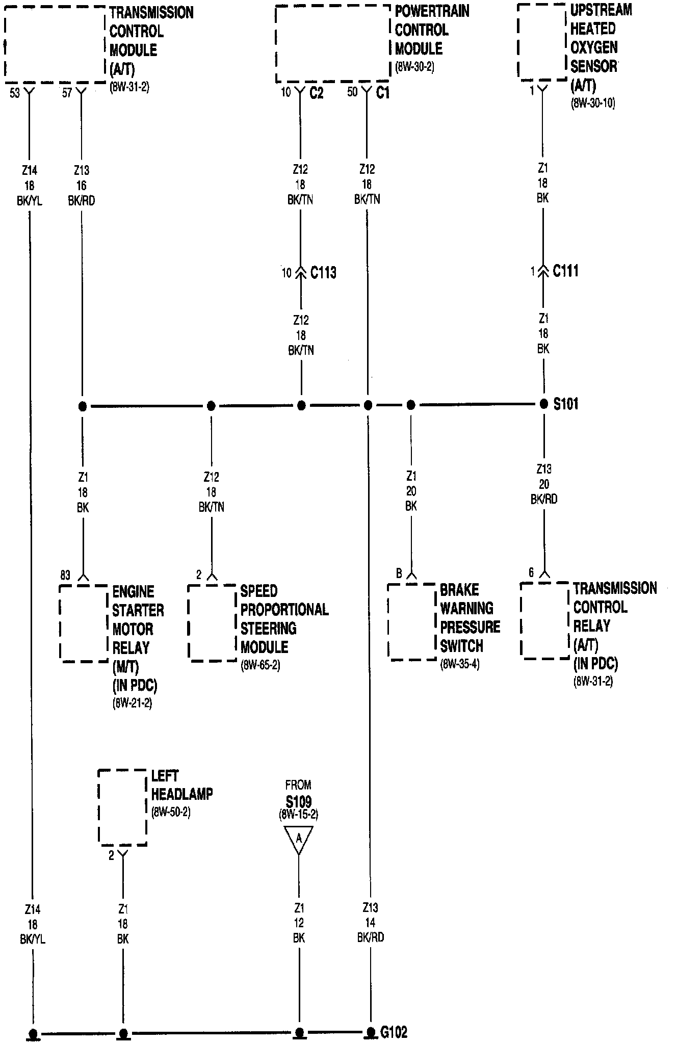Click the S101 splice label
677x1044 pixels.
pos(566,404)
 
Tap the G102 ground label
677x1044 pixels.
pos(394,1032)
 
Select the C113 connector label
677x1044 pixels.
pos(323,273)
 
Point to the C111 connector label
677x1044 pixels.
pos(565,271)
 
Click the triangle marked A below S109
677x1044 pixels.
pos(299,839)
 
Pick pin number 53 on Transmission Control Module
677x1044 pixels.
pos(15,93)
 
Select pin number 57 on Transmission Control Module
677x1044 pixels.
pos(67,93)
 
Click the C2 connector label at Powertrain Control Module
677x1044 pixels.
pos(316,93)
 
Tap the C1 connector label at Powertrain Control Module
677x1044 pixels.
pos(382,93)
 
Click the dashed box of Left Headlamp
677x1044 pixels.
pos(122,807)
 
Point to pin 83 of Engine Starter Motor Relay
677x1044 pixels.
pos(65,576)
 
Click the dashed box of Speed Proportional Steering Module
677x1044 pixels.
pos(212,623)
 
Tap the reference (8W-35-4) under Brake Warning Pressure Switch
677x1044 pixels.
pos(460,664)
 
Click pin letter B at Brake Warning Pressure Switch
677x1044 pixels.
pos(399,574)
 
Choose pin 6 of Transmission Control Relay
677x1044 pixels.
pos(531,572)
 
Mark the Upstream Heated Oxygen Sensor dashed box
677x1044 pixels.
pos(542,42)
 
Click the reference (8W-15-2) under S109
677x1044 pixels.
pos(298,815)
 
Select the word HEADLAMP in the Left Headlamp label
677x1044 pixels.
pos(182,794)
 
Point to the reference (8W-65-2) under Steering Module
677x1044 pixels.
pos(260,665)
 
